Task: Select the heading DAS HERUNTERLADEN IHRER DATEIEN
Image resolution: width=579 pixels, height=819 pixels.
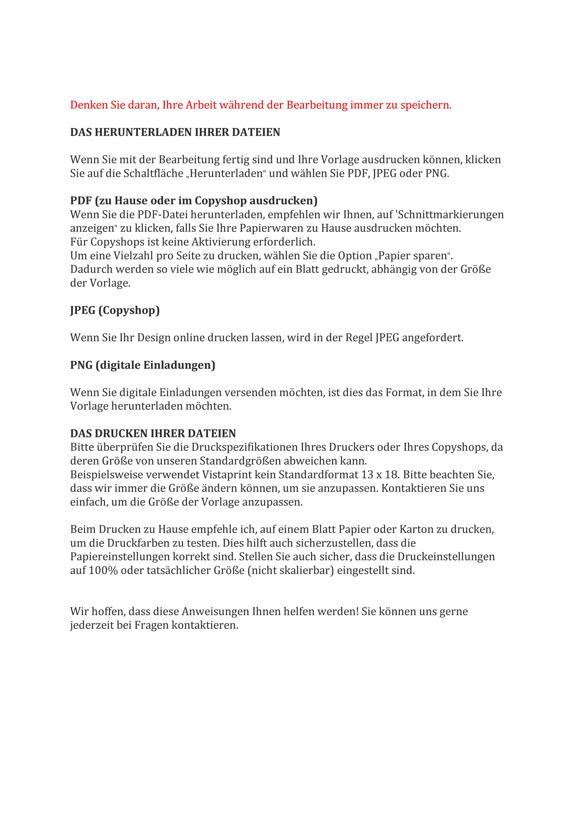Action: [175, 132]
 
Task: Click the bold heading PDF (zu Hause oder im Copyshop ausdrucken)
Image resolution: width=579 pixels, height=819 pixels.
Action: [194, 201]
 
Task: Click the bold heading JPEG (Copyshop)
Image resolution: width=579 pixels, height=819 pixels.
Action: [115, 310]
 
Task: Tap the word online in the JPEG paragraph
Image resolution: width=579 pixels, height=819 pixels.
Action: [189, 337]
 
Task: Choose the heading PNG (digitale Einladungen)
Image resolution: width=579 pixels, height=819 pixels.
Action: [143, 365]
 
